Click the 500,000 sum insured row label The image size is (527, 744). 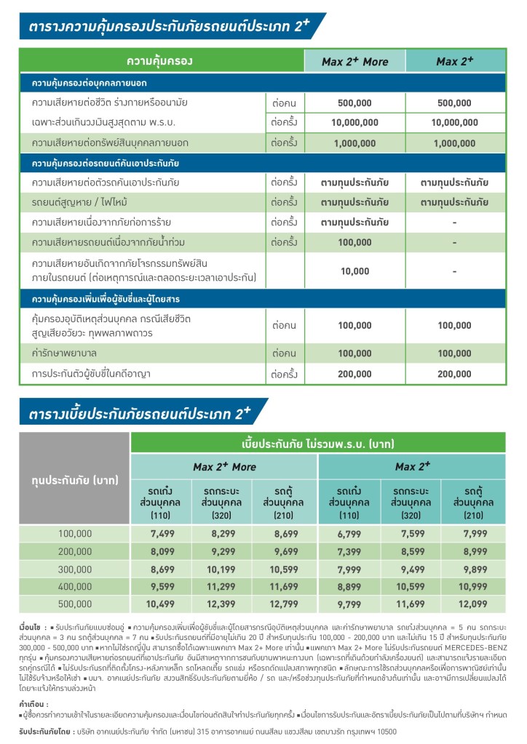pyautogui.click(x=75, y=603)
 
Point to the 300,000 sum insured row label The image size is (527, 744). pyautogui.click(x=75, y=569)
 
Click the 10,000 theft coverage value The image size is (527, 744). pyautogui.click(x=354, y=271)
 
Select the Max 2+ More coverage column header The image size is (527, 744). pyautogui.click(x=354, y=62)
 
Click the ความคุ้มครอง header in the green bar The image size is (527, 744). pyautogui.click(x=159, y=61)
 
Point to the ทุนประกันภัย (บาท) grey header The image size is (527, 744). pyautogui.click(x=75, y=481)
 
